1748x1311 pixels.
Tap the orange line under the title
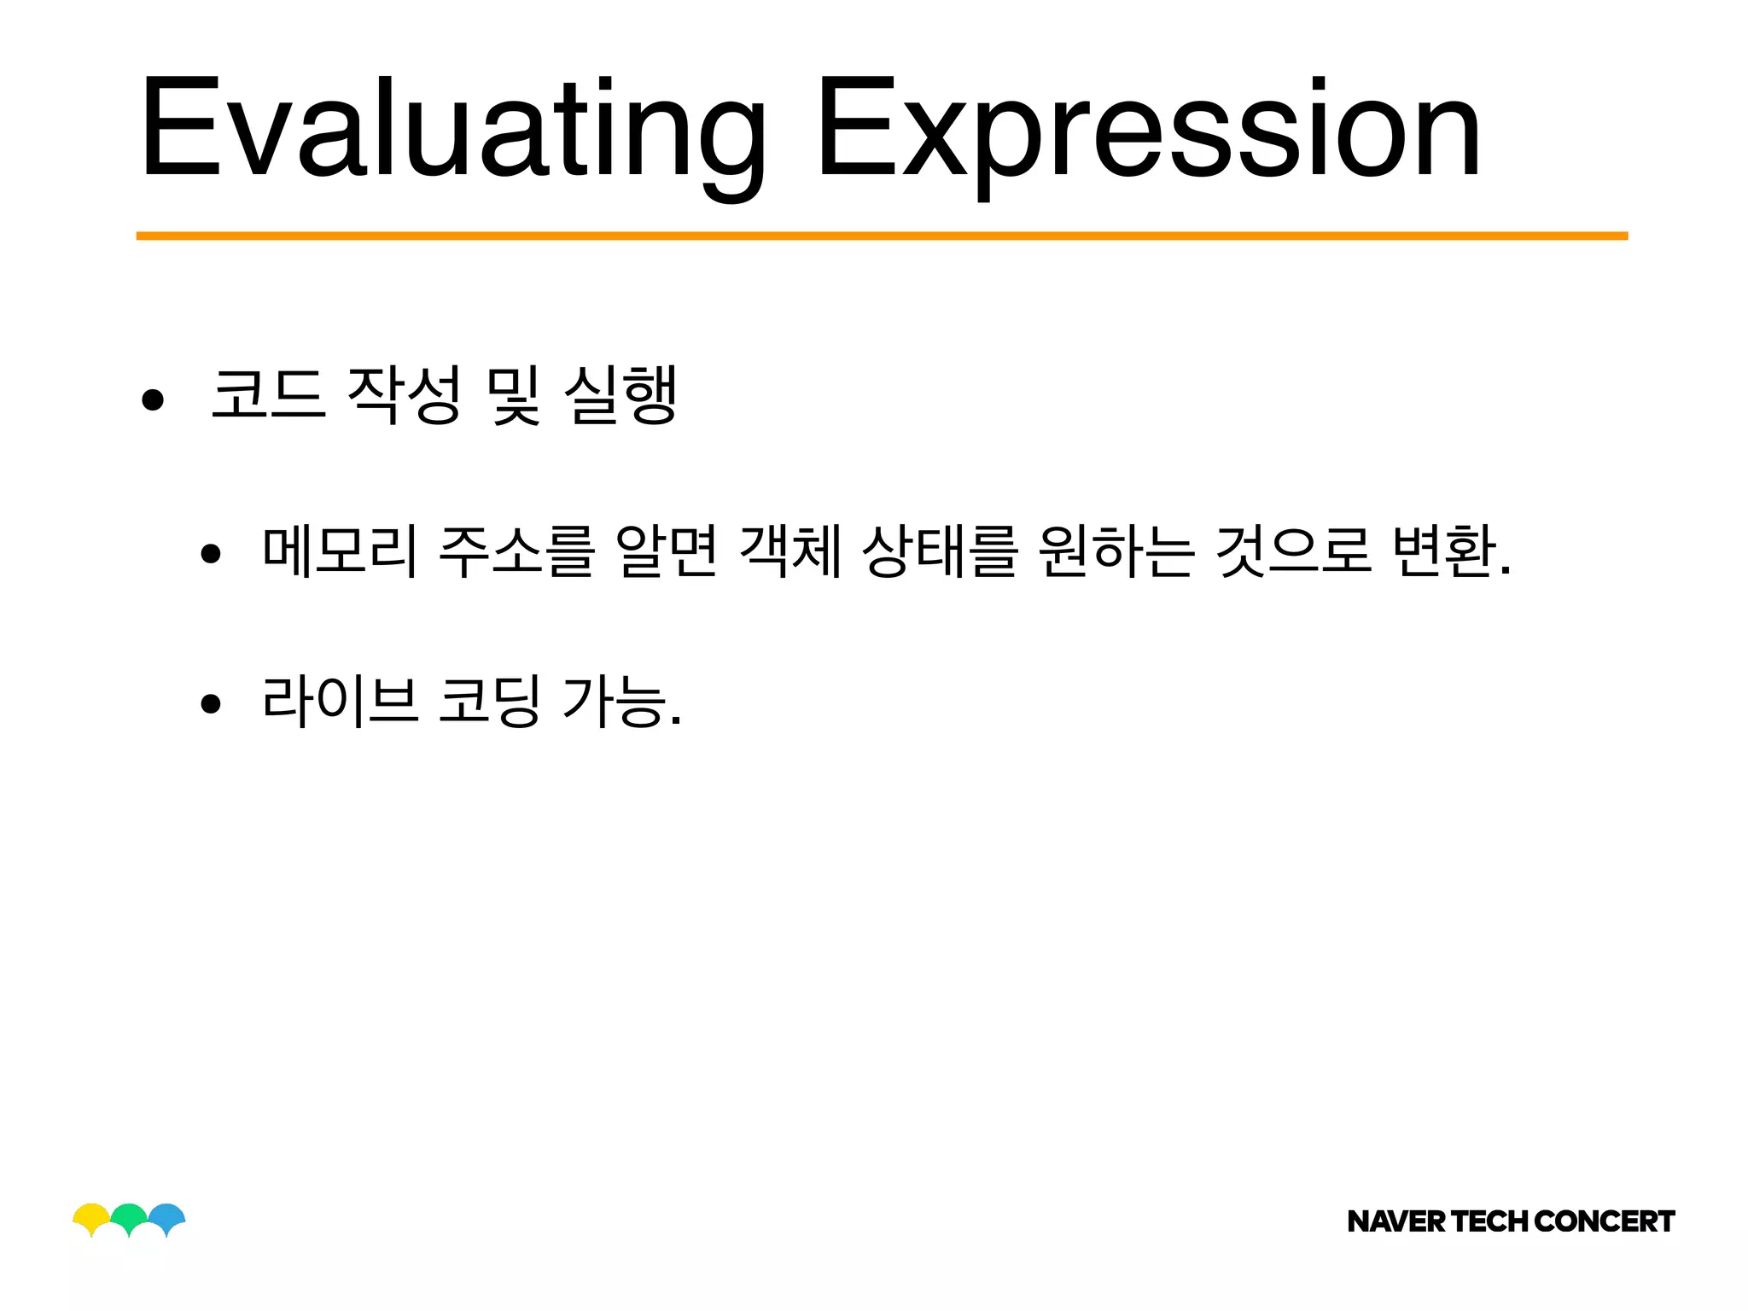tap(882, 236)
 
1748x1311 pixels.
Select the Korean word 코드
tap(268, 394)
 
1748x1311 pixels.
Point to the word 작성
tap(405, 394)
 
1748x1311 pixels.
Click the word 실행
tap(621, 394)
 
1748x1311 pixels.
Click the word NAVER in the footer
tap(1396, 1221)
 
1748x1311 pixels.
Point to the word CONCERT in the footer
tap(1605, 1221)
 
